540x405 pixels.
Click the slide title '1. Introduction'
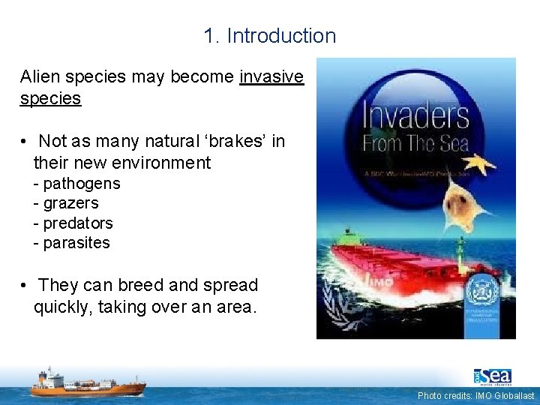pos(269,35)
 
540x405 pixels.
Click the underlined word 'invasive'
pos(271,77)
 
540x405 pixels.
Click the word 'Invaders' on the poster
pos(416,116)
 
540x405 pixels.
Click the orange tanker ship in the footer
pos(88,382)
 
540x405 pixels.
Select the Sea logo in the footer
pos(492,376)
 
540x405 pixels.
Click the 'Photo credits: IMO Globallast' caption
pos(476,395)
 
